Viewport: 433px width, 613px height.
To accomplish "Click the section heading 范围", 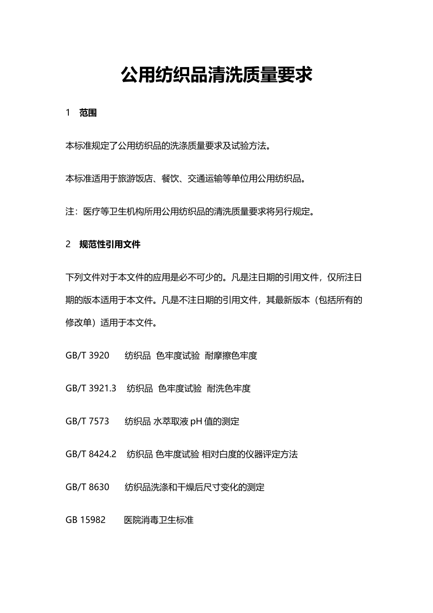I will point(88,113).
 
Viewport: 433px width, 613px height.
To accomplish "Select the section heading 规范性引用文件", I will point(110,244).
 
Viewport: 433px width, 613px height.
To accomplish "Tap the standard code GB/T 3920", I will point(88,355).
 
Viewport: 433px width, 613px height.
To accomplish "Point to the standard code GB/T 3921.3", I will point(91,388).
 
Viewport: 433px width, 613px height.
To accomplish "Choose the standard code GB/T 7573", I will point(88,421).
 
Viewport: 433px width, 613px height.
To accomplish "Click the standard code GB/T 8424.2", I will point(91,454).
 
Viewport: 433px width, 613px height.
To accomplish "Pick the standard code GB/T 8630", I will point(88,487).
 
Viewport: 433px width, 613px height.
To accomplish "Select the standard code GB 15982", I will point(86,519).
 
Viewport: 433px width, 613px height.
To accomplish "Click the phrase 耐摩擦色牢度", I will point(231,355).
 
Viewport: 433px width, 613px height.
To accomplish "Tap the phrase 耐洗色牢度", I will point(229,388).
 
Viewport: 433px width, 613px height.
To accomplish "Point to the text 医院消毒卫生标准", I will point(159,519).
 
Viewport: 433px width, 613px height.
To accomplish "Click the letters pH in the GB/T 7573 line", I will point(196,421).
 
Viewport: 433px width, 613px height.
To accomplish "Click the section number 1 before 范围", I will point(68,113).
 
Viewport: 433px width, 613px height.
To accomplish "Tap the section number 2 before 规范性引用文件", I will point(68,244).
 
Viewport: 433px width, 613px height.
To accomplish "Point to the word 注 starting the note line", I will point(70,212).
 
